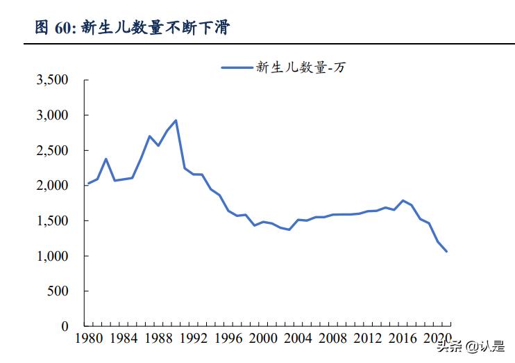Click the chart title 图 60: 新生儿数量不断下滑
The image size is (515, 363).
click(x=132, y=28)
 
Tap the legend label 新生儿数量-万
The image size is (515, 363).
click(x=300, y=67)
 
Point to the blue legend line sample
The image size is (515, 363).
click(x=236, y=67)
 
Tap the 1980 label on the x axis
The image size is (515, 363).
click(x=88, y=340)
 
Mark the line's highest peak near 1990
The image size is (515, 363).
click(x=176, y=120)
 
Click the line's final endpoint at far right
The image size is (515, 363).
click(x=446, y=252)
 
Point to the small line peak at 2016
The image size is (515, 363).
click(x=403, y=200)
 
